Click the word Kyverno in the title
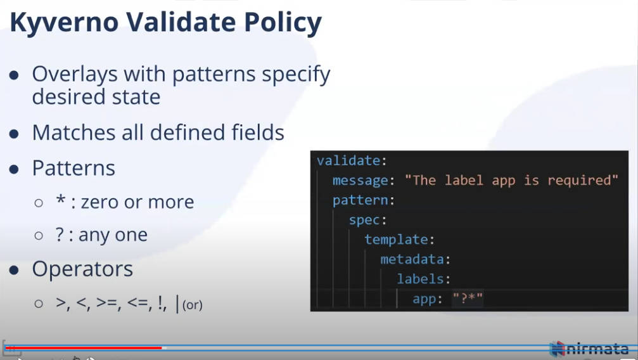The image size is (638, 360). click(64, 23)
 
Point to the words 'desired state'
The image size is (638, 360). click(96, 97)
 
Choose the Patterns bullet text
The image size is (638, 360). click(73, 168)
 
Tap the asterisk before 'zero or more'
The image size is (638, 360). click(61, 200)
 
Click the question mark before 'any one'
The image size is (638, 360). click(60, 235)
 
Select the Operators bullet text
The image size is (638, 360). click(82, 269)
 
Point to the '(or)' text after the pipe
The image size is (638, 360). click(193, 305)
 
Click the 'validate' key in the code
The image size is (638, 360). click(348, 161)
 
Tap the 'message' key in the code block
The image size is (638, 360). click(360, 181)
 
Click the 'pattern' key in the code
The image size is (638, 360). click(360, 200)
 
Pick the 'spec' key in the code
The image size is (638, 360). click(364, 220)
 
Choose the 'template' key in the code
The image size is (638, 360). click(396, 240)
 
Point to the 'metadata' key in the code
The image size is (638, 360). click(412, 259)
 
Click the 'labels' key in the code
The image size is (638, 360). click(420, 279)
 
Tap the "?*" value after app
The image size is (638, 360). click(468, 299)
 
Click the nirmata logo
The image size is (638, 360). click(589, 349)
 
